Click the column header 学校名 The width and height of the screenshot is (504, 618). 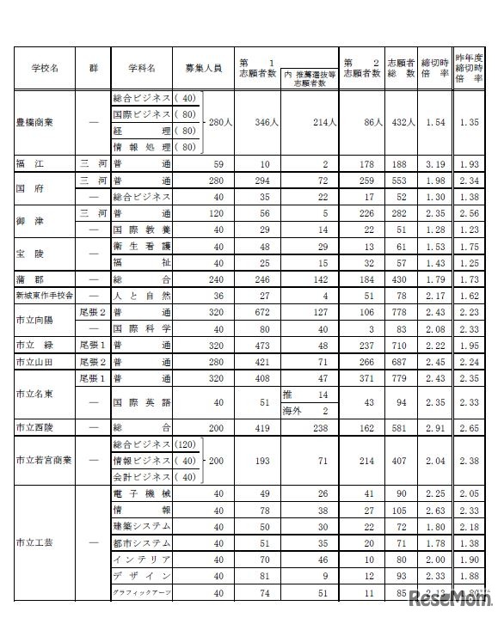pos(42,66)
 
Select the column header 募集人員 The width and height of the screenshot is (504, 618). pos(203,66)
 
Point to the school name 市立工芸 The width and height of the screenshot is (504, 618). pos(34,542)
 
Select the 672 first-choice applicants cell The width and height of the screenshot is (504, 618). pos(258,312)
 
